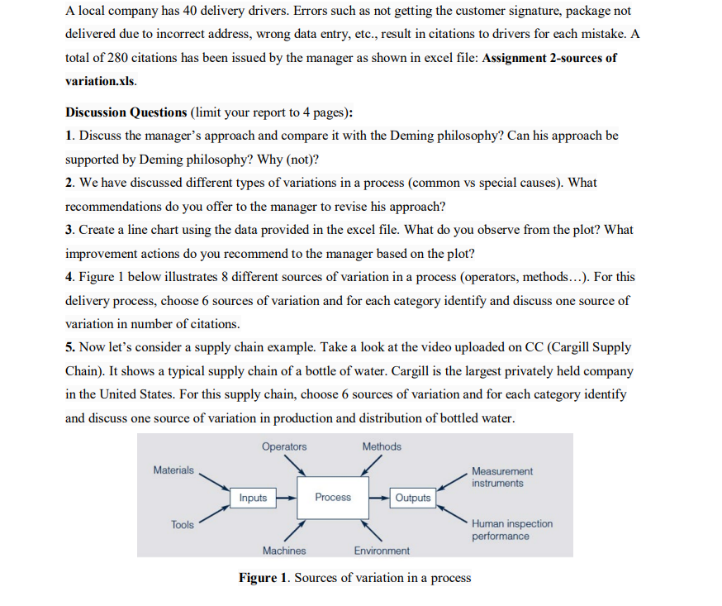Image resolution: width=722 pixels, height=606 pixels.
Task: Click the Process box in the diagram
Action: (333, 497)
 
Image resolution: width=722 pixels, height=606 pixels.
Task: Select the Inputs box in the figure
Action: (253, 497)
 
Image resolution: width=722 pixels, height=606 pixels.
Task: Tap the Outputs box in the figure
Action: (412, 497)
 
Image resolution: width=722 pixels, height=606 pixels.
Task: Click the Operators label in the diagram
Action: (284, 446)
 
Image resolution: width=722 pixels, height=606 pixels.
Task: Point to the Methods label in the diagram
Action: (382, 446)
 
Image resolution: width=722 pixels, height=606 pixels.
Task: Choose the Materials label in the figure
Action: (173, 470)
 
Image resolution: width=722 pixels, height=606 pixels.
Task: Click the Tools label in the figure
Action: (183, 524)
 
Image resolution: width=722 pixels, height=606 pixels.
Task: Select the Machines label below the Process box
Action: (283, 550)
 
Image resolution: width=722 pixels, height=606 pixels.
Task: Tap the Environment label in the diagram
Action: (381, 550)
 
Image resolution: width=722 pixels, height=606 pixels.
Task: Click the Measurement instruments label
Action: (502, 476)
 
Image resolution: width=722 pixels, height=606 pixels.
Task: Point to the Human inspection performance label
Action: (511, 530)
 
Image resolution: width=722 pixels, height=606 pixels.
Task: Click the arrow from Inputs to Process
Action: (285, 498)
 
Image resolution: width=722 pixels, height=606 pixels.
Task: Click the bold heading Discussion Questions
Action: (126, 112)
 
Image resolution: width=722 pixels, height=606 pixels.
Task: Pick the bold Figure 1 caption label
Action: (264, 577)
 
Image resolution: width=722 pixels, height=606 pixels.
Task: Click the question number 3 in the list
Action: (69, 229)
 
